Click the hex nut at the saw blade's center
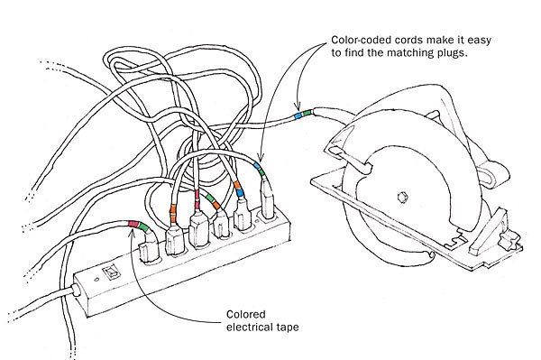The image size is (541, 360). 403,197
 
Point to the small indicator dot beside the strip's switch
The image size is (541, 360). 96,279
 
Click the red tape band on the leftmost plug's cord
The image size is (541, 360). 133,224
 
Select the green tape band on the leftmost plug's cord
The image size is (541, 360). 142,226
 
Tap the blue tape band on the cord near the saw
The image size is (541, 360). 298,115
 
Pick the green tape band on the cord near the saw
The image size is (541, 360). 307,113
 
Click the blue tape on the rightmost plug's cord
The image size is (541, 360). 257,166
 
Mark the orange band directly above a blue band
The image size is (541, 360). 237,184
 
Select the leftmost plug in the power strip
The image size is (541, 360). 149,249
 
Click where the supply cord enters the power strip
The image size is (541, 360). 76,290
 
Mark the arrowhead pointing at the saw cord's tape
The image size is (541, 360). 297,106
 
